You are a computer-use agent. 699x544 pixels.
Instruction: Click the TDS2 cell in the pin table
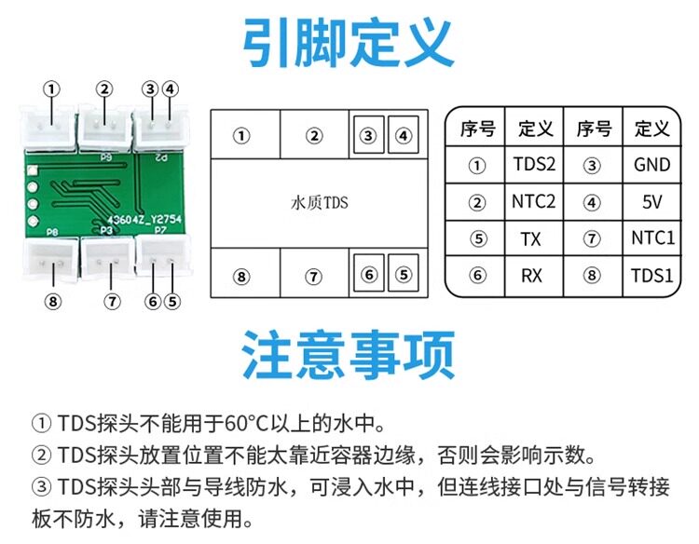534,164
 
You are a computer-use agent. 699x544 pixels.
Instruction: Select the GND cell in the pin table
651,165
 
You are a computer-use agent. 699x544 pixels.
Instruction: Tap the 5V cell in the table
651,202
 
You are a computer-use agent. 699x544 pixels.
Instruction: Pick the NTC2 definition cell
534,202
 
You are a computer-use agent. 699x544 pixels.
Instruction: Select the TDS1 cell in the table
651,276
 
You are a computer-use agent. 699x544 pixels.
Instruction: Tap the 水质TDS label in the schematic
319,203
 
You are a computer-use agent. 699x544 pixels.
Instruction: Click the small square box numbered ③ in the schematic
368,134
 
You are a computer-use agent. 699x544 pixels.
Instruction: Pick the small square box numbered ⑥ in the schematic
369,274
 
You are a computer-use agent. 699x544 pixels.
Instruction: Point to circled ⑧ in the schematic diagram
241,278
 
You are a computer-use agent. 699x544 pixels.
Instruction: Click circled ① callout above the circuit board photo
51,89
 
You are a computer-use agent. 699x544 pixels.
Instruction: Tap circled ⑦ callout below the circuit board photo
112,302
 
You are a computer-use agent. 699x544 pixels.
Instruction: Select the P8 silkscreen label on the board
52,232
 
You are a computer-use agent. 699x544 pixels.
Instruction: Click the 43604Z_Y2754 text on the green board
144,220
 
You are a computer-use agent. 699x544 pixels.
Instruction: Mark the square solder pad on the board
32,170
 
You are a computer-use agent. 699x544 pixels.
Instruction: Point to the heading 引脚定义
349,43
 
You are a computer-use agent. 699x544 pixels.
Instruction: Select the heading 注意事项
349,355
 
